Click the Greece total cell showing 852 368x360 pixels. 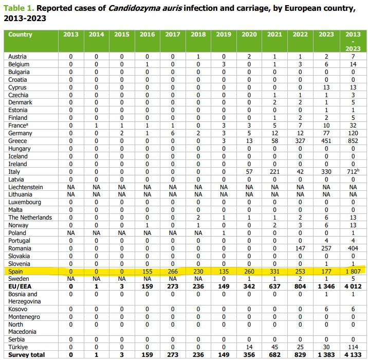(353, 141)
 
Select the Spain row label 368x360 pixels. (15, 271)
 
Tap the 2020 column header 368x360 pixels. (248, 35)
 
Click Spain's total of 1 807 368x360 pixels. (352, 271)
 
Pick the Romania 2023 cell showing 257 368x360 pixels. (327, 248)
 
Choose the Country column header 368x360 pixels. (21, 35)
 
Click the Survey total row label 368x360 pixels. (26, 355)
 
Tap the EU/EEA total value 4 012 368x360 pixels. (352, 286)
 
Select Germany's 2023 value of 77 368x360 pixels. (327, 133)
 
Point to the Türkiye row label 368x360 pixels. (17, 347)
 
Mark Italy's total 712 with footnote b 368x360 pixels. (353, 172)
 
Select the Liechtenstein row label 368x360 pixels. (25, 187)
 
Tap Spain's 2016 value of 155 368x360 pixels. (147, 271)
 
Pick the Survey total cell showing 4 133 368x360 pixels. (352, 355)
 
